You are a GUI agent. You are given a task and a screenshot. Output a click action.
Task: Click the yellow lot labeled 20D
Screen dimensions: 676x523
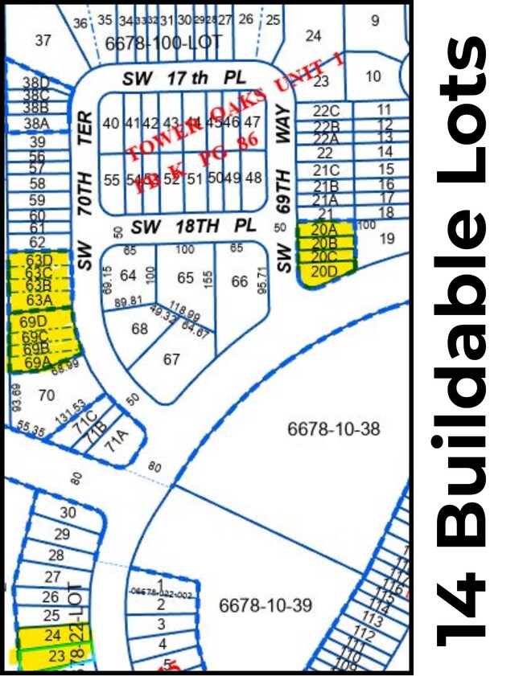point(325,272)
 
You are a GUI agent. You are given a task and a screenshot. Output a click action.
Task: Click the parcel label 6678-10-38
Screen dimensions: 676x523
point(333,429)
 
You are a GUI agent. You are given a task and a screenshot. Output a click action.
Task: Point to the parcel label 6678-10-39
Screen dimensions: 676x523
point(265,604)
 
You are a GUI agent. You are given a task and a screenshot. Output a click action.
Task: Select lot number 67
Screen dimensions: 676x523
point(171,359)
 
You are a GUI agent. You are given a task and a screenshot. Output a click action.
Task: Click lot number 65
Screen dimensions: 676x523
point(186,278)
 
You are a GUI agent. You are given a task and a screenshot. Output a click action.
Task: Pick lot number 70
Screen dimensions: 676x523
point(47,395)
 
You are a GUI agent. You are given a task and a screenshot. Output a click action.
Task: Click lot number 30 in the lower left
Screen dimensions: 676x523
point(68,513)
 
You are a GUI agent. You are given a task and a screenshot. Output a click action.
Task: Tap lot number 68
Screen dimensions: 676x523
point(140,329)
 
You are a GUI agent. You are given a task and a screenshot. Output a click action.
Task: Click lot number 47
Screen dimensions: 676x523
point(253,122)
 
